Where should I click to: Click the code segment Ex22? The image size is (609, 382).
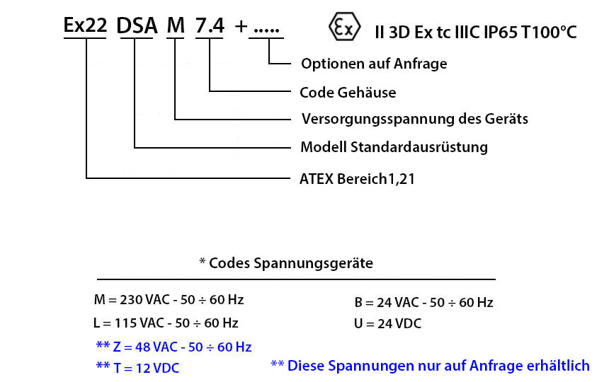[85, 25]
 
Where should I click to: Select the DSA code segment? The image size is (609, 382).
[137, 26]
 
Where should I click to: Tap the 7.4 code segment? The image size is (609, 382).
[210, 25]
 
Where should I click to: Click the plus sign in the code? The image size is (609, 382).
[241, 27]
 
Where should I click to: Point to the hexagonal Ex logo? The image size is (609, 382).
[344, 26]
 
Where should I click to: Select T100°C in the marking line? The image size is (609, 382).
[550, 33]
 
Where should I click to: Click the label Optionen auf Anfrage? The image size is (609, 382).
[374, 64]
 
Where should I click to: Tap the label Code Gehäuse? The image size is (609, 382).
[348, 93]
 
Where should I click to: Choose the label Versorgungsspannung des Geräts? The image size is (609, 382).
[415, 119]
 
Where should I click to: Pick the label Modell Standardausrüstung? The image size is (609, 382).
[394, 147]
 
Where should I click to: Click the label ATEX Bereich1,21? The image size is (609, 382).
[358, 179]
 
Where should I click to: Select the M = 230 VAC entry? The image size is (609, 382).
[169, 300]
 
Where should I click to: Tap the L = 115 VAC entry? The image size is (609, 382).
[166, 323]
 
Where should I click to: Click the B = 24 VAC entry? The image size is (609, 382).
[423, 303]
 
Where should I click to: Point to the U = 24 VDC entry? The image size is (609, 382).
[387, 324]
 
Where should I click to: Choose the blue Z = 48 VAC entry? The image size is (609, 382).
[174, 347]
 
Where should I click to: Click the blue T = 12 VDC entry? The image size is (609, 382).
[138, 368]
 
